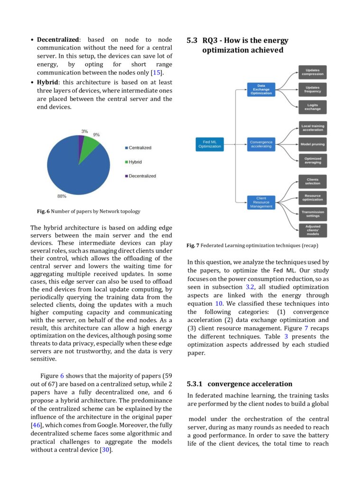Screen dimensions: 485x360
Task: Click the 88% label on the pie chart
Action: coord(62,196)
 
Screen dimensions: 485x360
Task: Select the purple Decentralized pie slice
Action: coord(82,138)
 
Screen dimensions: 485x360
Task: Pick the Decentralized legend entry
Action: coord(142,176)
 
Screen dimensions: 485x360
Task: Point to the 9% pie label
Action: coord(96,135)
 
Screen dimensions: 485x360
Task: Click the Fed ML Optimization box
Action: coord(209,144)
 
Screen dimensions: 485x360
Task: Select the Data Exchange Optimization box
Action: coord(261,90)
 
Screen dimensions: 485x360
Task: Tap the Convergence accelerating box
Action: coord(261,144)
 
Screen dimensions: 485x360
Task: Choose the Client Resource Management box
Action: coord(261,202)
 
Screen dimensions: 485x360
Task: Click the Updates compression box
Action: coord(313,72)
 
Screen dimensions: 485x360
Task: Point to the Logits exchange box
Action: coord(313,107)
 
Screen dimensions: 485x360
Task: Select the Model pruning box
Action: coord(313,144)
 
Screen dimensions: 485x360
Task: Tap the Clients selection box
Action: coord(313,182)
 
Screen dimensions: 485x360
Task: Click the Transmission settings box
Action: coord(313,214)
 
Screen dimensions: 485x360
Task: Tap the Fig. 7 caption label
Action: coord(193,246)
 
